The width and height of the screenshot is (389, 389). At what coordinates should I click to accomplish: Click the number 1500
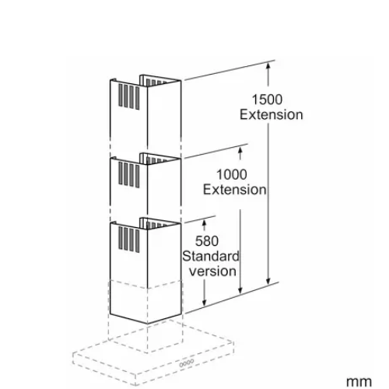(267, 100)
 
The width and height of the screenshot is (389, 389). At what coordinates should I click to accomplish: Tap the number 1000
(232, 174)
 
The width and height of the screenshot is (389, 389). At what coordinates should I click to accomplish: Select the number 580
(207, 241)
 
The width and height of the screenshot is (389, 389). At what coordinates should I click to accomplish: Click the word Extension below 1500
(271, 114)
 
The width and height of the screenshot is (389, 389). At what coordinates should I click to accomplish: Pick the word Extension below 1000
(234, 190)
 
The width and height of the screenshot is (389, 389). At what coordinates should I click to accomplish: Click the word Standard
(210, 256)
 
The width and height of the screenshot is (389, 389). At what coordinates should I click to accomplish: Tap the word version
(212, 272)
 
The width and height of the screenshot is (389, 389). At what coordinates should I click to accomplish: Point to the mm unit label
(359, 382)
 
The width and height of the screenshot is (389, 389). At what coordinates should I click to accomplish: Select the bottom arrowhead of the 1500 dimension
(268, 282)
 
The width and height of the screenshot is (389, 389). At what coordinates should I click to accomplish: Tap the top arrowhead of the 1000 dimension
(240, 149)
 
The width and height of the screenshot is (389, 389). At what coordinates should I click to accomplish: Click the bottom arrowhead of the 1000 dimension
(240, 291)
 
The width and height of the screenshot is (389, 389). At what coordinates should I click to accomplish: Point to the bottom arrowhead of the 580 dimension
(205, 303)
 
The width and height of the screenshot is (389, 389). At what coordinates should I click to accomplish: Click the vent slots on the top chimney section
(129, 96)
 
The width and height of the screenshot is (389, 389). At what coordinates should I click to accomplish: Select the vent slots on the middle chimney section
(129, 174)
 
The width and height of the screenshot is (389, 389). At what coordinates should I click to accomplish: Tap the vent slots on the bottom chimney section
(129, 239)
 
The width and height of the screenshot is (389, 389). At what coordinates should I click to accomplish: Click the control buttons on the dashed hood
(187, 363)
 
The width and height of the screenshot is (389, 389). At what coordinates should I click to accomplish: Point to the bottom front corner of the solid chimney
(148, 324)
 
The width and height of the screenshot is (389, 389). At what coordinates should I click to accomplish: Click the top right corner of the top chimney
(180, 81)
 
